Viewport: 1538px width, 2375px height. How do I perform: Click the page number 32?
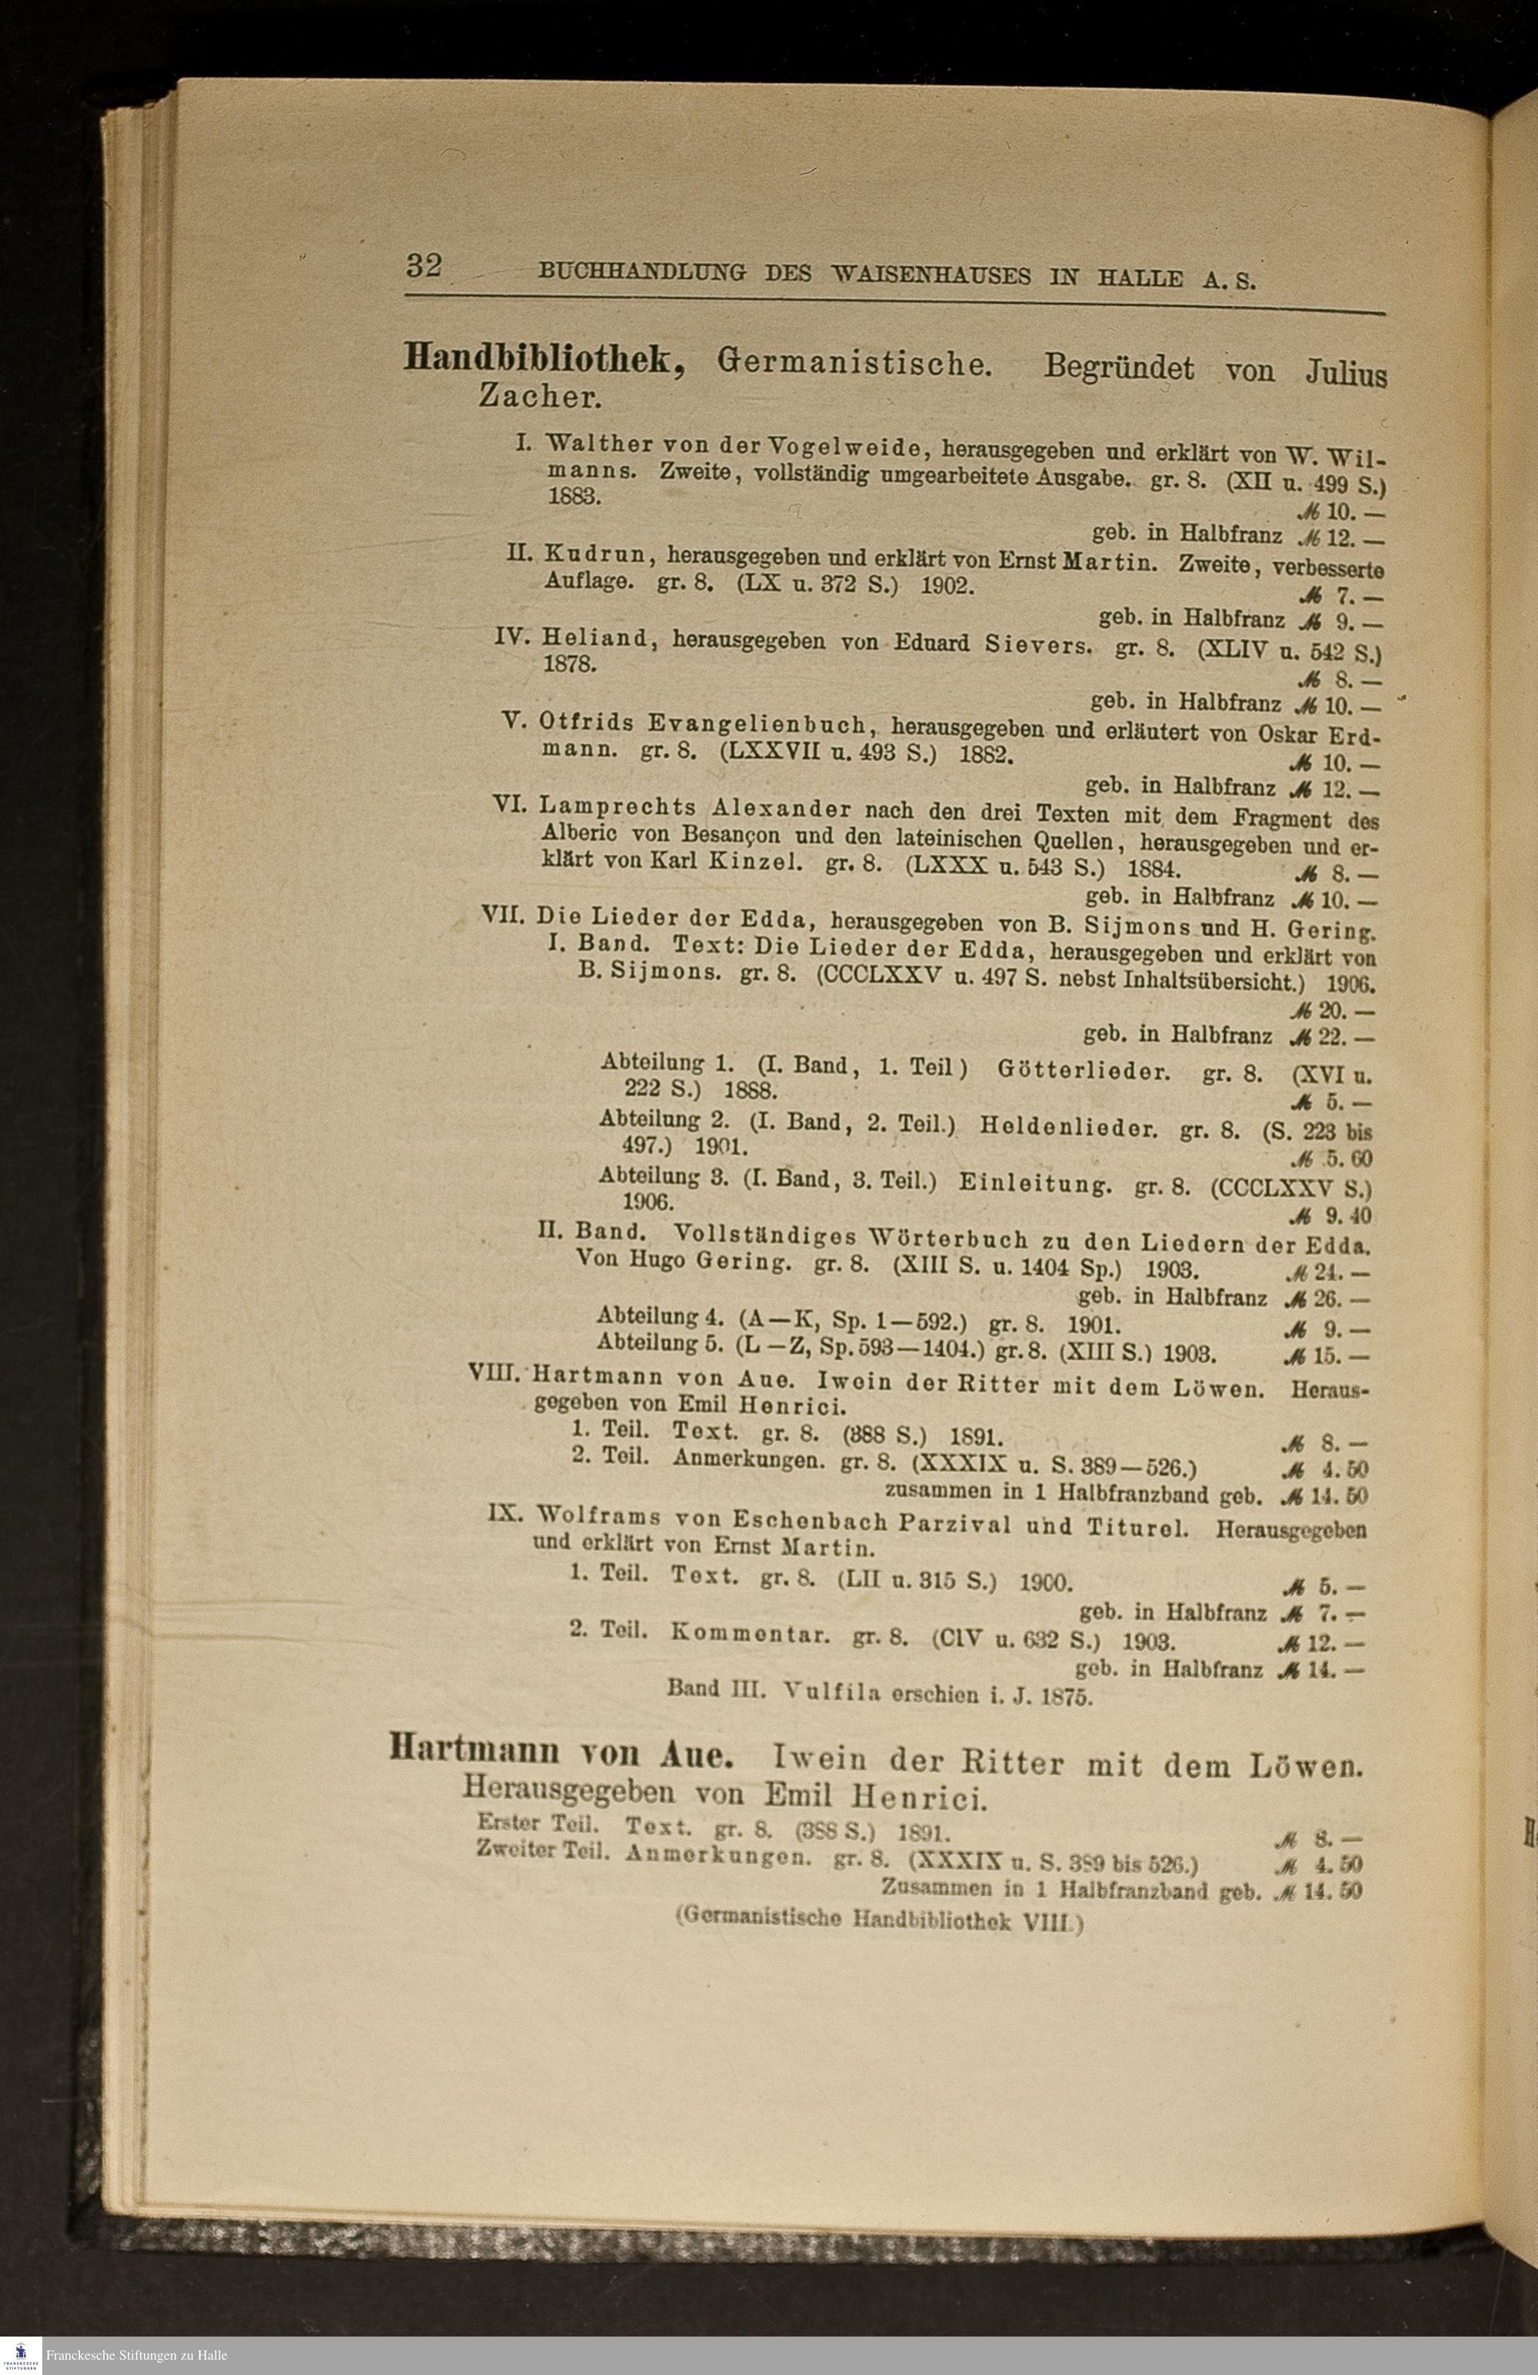tap(423, 267)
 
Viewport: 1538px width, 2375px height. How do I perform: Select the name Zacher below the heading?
tap(540, 397)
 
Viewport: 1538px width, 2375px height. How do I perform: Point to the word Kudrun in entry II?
tap(595, 554)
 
